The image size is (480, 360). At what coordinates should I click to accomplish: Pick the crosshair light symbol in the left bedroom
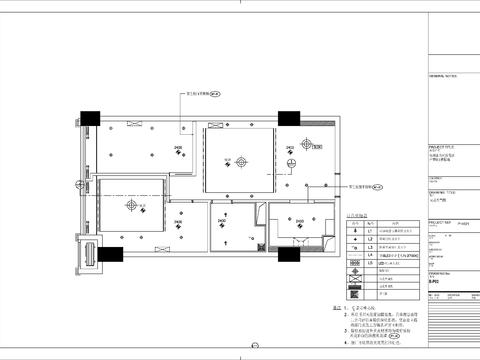130,205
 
